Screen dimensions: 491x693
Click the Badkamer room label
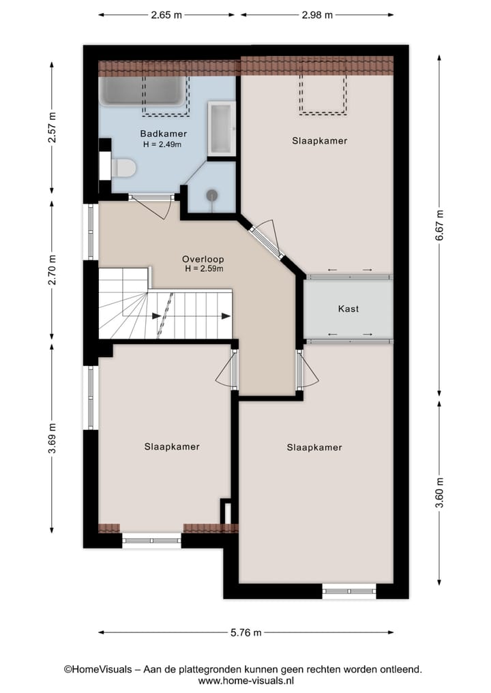[x=163, y=134]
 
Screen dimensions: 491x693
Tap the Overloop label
[x=203, y=259]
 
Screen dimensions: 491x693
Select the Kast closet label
[x=348, y=309]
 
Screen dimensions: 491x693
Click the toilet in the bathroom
[x=123, y=168]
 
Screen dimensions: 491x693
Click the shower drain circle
[x=212, y=194]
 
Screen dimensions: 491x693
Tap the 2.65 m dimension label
[x=166, y=15]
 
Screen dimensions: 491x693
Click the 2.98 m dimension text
[x=317, y=15]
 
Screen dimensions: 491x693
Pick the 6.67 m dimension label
[x=439, y=226]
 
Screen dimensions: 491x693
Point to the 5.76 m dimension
[x=246, y=632]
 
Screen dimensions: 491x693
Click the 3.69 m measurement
[x=52, y=438]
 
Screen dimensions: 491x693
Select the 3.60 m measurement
[x=439, y=493]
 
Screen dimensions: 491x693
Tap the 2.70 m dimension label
[x=52, y=270]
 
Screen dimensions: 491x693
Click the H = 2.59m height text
[x=204, y=268]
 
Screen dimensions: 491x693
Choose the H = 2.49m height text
[x=162, y=144]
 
